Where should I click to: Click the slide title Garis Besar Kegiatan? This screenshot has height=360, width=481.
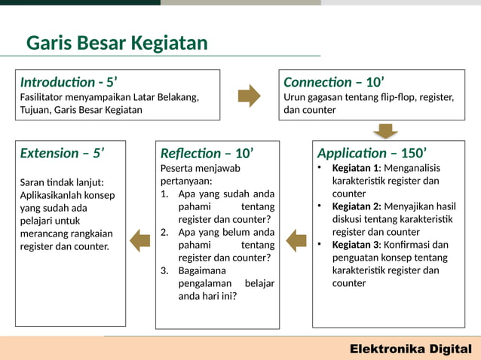coord(117,43)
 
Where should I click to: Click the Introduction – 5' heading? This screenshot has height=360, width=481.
coord(69,82)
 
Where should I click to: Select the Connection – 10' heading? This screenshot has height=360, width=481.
coord(334,82)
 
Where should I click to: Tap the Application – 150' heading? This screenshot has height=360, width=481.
coord(372,153)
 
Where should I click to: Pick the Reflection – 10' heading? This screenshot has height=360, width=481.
coord(207,153)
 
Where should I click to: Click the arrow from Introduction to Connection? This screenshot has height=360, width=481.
coord(249,96)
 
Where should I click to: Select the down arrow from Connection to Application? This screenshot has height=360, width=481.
coord(385,131)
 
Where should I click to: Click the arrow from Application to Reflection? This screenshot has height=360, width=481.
coord(296,241)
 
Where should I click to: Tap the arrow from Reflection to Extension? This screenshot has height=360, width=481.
coord(139,241)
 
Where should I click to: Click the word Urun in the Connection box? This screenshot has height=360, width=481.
coord(295,97)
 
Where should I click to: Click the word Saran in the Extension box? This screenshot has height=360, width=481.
coord(32,182)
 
